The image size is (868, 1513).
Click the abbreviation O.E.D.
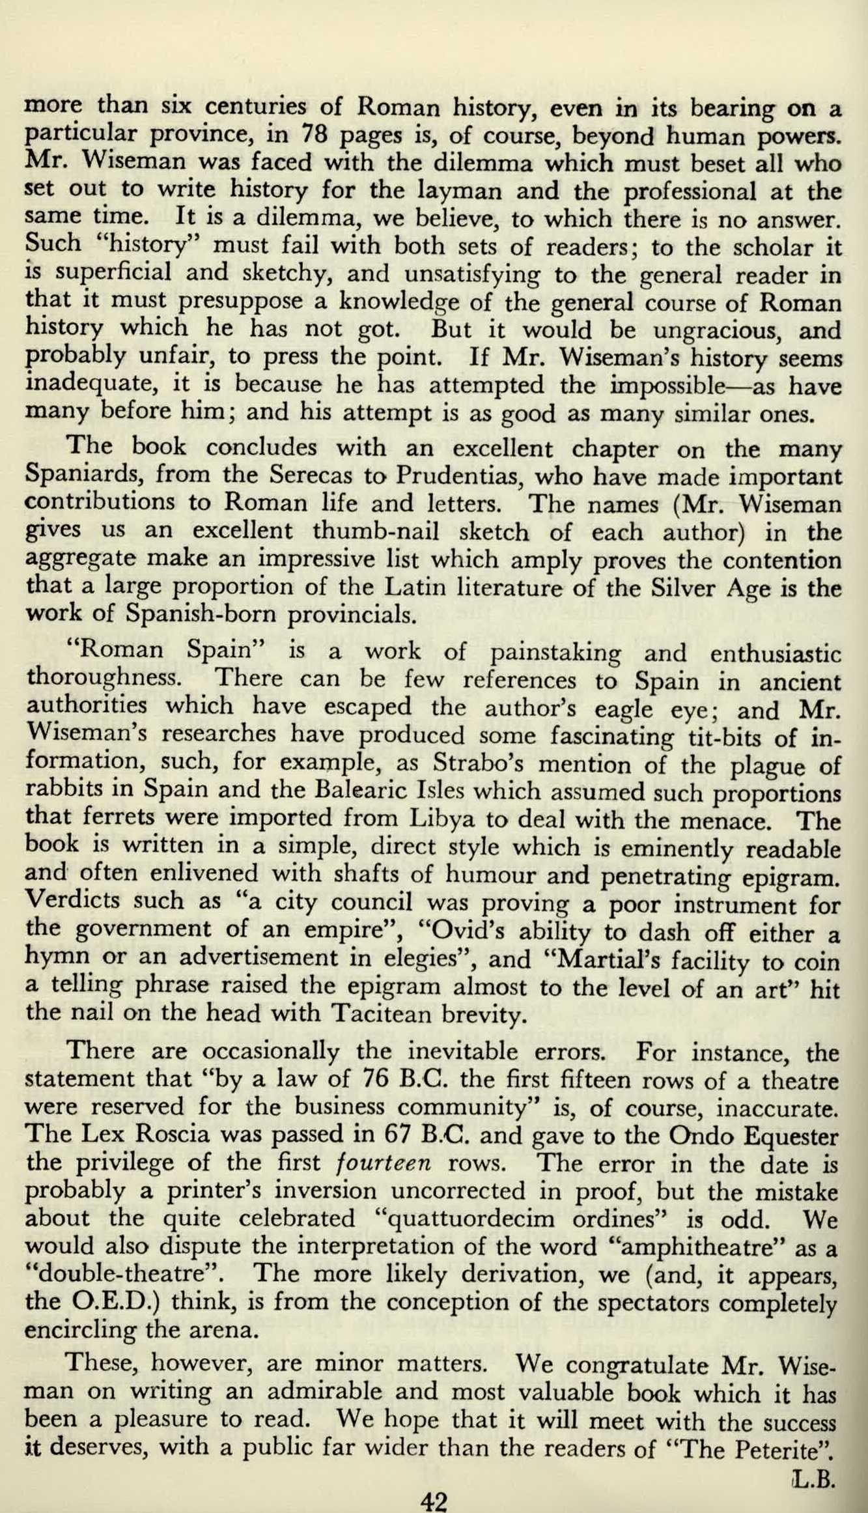click(x=113, y=1303)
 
